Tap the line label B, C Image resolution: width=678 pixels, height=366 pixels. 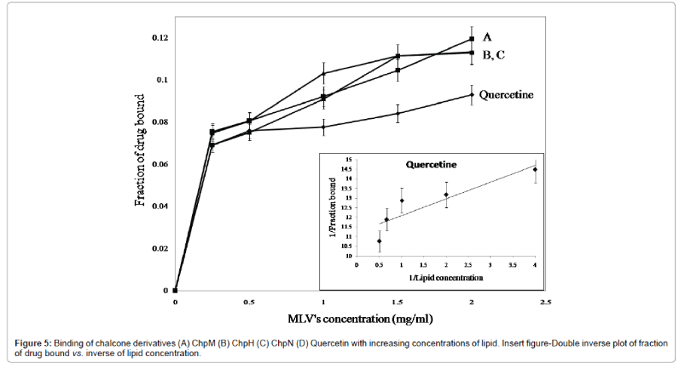click(x=493, y=53)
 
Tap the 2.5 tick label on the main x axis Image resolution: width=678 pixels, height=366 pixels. click(x=545, y=302)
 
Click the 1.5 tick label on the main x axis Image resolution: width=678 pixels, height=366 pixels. click(x=397, y=302)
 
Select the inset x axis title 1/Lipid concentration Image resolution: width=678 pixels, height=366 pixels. click(x=444, y=277)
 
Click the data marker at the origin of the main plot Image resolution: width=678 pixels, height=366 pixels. click(x=175, y=290)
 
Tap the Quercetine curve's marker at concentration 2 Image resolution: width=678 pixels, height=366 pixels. click(x=471, y=94)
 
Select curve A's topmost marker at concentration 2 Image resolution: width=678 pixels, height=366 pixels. click(x=471, y=39)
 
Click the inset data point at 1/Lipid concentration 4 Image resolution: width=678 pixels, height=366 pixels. click(x=535, y=169)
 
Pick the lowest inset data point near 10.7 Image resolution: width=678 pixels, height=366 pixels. click(x=380, y=241)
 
